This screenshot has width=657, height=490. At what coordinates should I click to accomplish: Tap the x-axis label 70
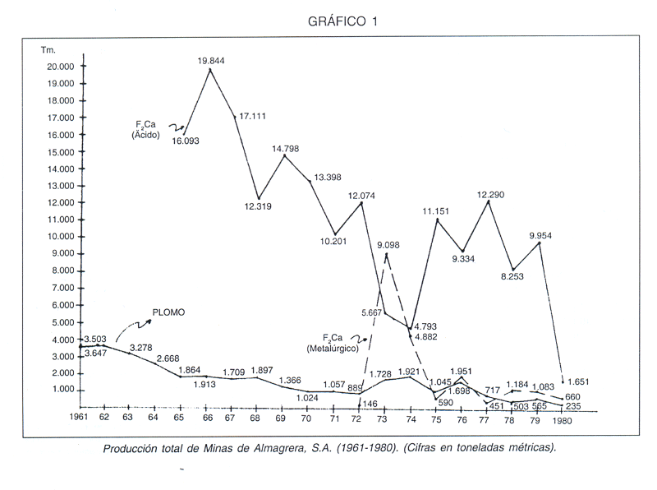tap(307, 418)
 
